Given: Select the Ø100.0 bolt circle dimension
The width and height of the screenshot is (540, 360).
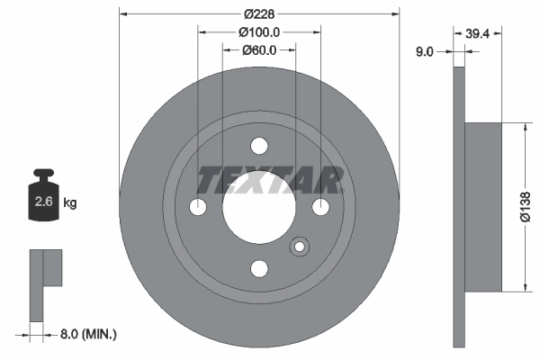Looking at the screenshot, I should [259, 31].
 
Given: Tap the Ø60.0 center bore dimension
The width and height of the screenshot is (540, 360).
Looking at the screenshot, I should [259, 49].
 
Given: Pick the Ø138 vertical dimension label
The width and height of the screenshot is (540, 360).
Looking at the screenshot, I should [527, 207].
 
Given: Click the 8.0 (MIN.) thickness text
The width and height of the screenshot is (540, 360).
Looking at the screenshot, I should [86, 334].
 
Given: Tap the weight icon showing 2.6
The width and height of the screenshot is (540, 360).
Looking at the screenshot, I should [42, 199].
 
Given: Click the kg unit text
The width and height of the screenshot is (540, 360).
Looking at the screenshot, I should [70, 203].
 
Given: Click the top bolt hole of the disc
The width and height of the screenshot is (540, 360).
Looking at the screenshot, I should [259, 146].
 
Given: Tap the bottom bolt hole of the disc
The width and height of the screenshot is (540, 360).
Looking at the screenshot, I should [259, 268].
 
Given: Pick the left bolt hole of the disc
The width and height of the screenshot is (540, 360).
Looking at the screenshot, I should [199, 207].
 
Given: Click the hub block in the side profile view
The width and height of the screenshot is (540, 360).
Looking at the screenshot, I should [483, 207].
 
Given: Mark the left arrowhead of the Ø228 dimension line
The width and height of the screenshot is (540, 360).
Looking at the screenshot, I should [123, 14].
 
